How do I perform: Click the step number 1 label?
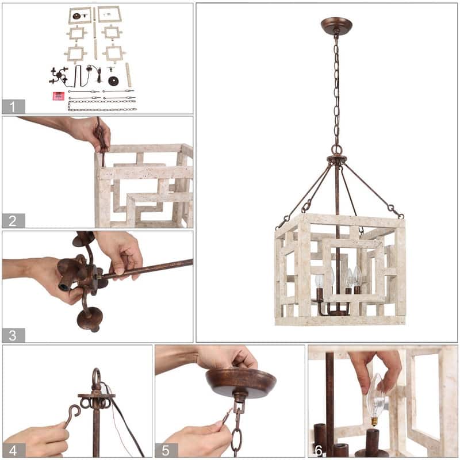[12, 107]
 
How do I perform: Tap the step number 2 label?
[13, 221]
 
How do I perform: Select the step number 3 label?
[13, 335]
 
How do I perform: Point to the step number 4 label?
[13, 451]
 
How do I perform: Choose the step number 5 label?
[166, 451]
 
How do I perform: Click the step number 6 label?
[319, 451]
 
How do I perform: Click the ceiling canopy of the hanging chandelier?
[336, 26]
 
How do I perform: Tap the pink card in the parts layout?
[59, 96]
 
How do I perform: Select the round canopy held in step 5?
[241, 382]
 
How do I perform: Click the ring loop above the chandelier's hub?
[337, 149]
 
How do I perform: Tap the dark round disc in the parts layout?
[113, 80]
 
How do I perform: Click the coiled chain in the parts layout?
[102, 106]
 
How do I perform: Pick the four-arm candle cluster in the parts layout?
[59, 75]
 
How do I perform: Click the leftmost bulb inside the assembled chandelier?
[319, 281]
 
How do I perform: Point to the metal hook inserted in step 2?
[101, 141]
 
